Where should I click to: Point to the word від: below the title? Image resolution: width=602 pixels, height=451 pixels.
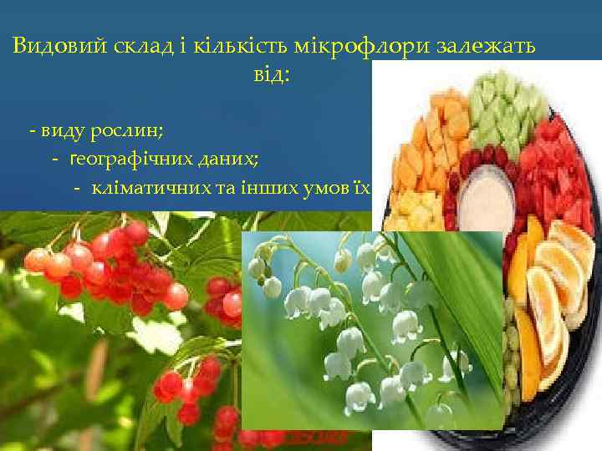pos(270,76)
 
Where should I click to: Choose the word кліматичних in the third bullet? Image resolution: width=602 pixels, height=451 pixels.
pos(152,185)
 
